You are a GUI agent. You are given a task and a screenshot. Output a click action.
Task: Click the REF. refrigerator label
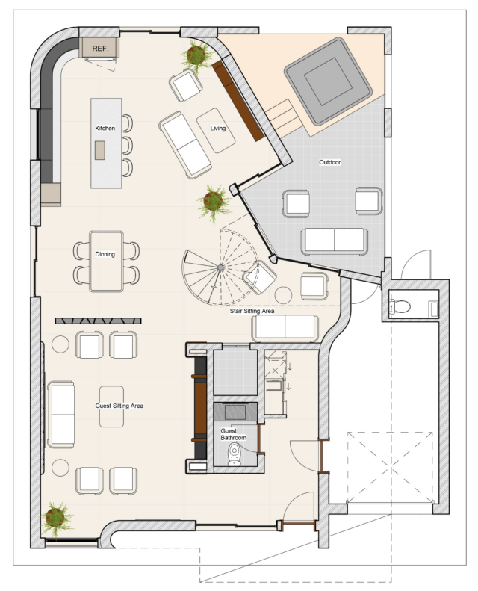pos(100,49)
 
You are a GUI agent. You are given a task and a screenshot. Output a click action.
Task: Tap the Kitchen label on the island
pos(105,129)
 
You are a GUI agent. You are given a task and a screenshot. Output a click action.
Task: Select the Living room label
pos(218,129)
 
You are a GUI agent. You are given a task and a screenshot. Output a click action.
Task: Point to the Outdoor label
pos(330,162)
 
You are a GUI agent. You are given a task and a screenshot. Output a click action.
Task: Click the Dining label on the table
pos(105,254)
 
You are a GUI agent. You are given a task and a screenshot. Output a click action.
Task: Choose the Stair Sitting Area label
pos(252,311)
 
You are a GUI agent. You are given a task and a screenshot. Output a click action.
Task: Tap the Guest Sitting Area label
pos(119,406)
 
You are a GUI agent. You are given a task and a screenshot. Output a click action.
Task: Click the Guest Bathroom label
pos(233,434)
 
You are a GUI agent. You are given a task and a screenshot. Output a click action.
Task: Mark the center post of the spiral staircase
pos(220,267)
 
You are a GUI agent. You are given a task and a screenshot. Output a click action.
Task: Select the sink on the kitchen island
pos(100,150)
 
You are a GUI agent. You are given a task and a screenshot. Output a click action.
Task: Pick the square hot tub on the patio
pos(328,81)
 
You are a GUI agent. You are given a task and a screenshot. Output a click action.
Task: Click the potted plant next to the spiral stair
pos(214,202)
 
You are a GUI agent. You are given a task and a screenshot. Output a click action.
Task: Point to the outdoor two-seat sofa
pos(335,241)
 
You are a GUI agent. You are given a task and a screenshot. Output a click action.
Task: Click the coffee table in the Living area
pos(216,131)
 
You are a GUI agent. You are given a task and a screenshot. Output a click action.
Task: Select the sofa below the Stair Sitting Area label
pos(285,328)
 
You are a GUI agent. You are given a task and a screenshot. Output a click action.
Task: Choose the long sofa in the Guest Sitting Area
pos(61,415)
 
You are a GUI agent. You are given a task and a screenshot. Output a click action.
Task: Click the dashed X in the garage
pos(390,468)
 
